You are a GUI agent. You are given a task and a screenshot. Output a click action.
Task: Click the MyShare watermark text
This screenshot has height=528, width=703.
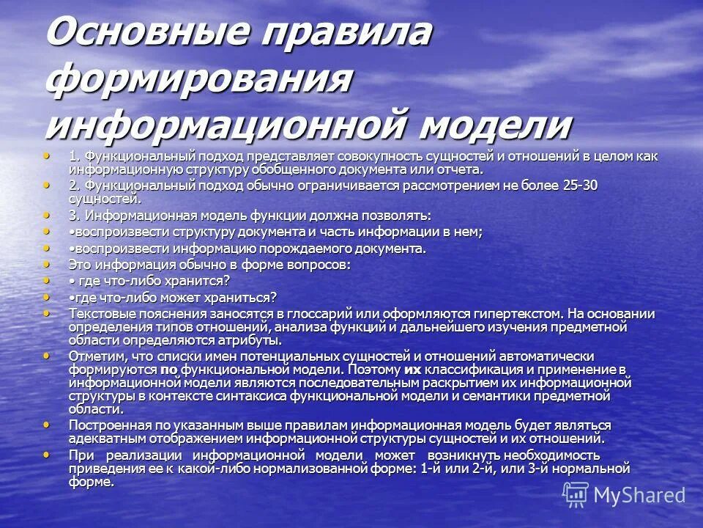pyautogui.click(x=640, y=495)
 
